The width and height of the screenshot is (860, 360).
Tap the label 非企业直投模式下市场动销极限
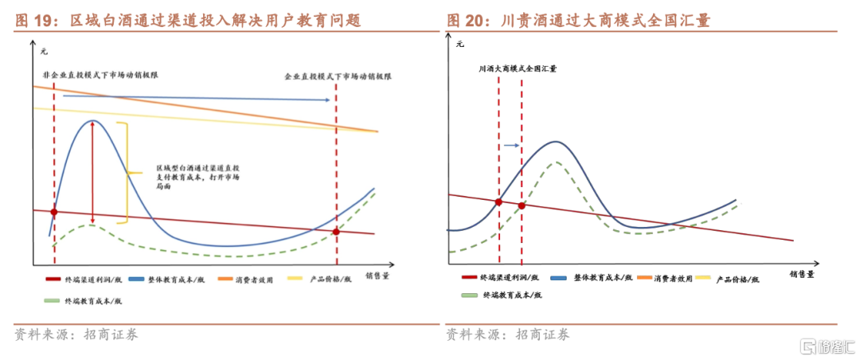coord(101,74)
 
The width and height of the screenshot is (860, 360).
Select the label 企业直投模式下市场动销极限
coord(338,76)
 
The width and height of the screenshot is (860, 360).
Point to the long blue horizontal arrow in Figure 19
coord(196,98)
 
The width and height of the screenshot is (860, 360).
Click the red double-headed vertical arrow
coord(93,171)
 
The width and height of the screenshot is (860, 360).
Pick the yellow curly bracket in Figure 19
coord(128,171)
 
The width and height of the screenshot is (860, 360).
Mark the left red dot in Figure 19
coord(54,212)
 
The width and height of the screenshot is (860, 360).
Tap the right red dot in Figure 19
coord(336,232)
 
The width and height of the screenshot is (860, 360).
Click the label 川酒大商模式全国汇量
coord(518,69)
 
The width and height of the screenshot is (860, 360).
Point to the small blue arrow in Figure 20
coord(512,147)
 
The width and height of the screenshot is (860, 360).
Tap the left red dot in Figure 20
coord(498,202)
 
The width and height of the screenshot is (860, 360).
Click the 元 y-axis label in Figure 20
coord(459,45)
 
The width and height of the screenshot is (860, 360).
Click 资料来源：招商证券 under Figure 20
coord(507,335)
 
